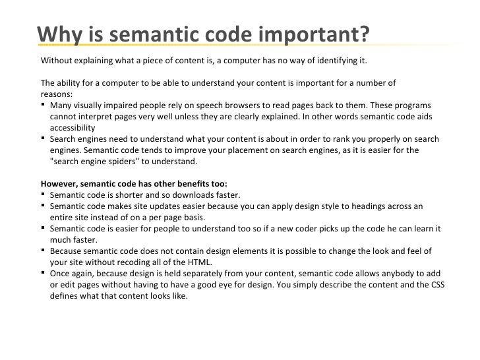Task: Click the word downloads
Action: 201,195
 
